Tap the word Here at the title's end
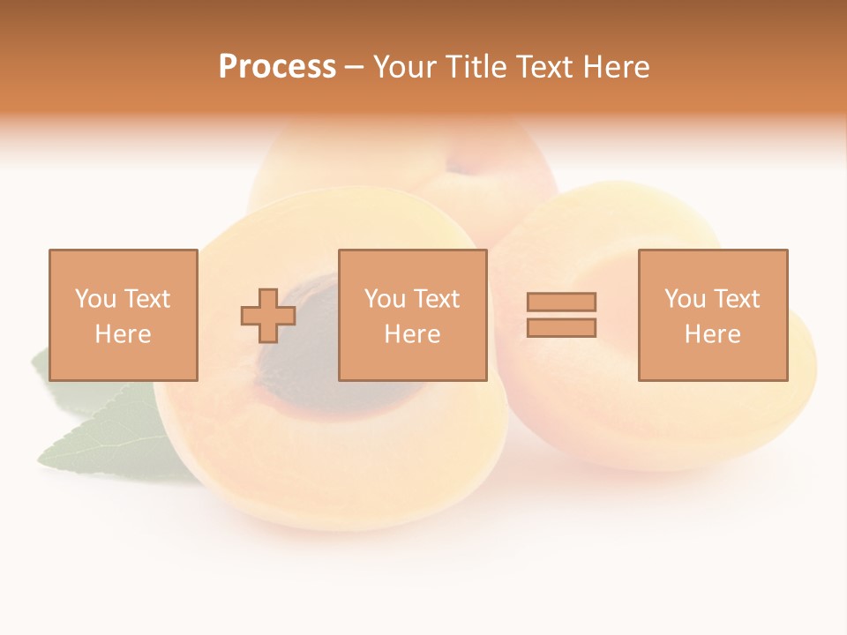[x=616, y=68]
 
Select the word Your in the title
[x=405, y=68]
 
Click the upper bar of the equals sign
[x=561, y=302]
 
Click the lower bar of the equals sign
[x=561, y=327]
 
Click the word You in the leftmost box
[x=96, y=299]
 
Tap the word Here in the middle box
[x=412, y=334]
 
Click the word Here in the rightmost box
[x=712, y=334]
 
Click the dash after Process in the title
[x=354, y=68]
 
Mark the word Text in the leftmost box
[x=146, y=299]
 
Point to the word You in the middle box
[x=386, y=299]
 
